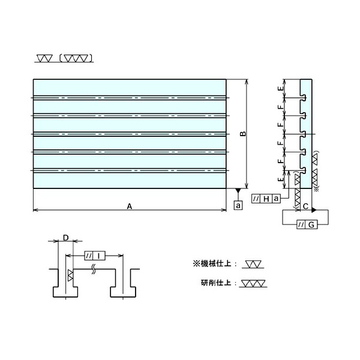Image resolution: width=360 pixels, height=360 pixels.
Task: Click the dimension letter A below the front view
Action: tap(129, 206)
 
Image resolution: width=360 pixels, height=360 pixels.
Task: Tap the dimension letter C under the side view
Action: tap(305, 207)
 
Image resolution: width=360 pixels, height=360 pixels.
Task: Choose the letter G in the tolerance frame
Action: tap(311, 225)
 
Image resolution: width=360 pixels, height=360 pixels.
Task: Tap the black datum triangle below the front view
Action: tap(238, 191)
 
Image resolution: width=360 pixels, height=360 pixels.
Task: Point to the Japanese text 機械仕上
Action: tap(219, 263)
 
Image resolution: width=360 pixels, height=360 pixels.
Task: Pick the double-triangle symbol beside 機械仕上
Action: tap(254, 263)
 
